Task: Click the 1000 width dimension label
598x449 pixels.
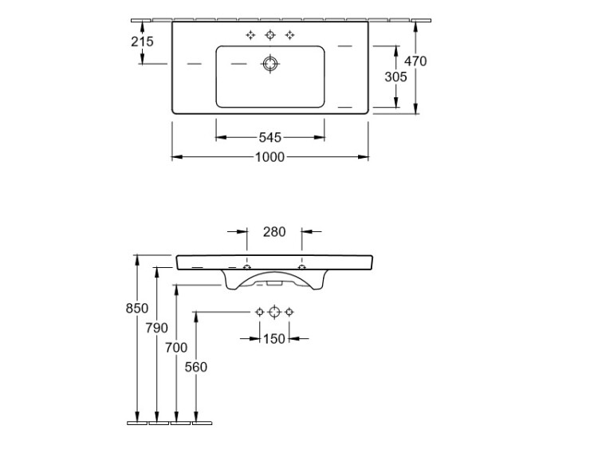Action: tap(269, 157)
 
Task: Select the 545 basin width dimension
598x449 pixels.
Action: tap(270, 137)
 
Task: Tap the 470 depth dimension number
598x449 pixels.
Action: tap(415, 61)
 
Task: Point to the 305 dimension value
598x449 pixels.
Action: tap(395, 77)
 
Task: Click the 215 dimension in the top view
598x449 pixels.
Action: tap(142, 41)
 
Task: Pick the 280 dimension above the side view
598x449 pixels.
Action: tap(274, 231)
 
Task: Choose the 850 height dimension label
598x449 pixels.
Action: tap(137, 308)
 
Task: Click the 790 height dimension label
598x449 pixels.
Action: tap(156, 328)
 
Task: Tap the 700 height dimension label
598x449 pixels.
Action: tap(176, 348)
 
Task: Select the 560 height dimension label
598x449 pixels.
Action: tap(195, 367)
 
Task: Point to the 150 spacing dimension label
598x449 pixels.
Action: tap(274, 339)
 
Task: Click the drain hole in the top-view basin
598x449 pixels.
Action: tap(270, 64)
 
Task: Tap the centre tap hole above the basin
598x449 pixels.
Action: tap(270, 35)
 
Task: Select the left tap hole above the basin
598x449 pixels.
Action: tap(250, 35)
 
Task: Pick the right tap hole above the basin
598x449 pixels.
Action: tap(290, 35)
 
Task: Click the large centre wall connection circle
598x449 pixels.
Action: tap(274, 312)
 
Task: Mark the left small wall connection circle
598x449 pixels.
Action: tap(260, 312)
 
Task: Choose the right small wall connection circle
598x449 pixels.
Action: tap(289, 312)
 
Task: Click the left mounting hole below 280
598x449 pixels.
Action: tap(247, 266)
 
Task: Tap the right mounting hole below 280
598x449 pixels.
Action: tap(301, 266)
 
